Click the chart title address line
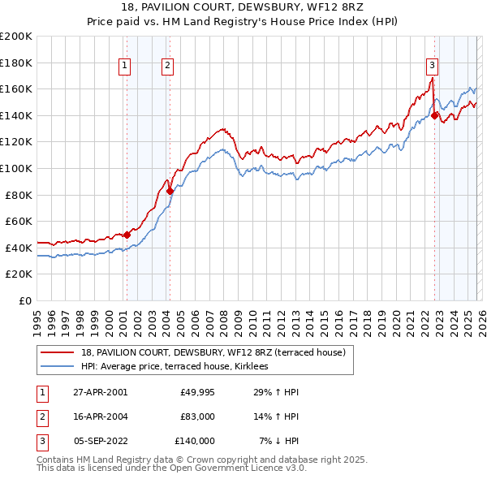pyautogui.click(x=243, y=8)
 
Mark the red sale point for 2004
pyautogui.click(x=170, y=191)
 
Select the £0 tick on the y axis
pyautogui.click(x=24, y=300)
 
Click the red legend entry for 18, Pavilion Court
pyautogui.click(x=213, y=352)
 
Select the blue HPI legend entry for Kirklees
pyautogui.click(x=179, y=367)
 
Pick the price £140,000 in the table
pyautogui.click(x=195, y=441)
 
